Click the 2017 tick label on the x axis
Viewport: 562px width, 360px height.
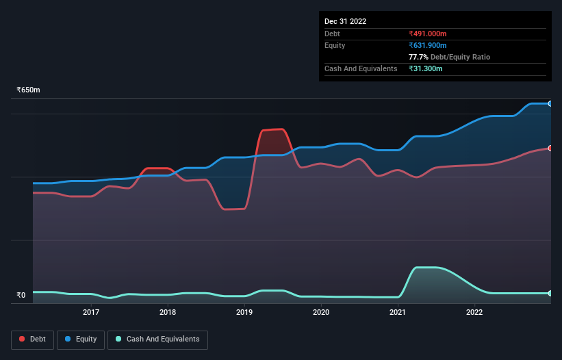(x=91, y=313)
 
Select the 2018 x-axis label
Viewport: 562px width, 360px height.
(x=168, y=313)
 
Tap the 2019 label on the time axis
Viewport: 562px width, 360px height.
(x=244, y=313)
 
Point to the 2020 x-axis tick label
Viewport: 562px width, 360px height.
(x=321, y=313)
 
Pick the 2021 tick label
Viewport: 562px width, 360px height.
(x=398, y=313)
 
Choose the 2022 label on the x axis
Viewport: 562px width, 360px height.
(x=474, y=313)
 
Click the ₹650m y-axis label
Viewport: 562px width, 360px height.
(x=29, y=90)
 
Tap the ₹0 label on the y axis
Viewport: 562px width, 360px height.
(x=21, y=296)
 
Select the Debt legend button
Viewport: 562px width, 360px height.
(x=32, y=339)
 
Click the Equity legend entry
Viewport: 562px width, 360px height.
(x=81, y=339)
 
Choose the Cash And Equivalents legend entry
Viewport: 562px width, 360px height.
(x=157, y=339)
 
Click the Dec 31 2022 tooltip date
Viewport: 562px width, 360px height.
(x=345, y=21)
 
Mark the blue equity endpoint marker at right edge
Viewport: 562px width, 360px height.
(x=550, y=103)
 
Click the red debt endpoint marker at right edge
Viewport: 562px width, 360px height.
(x=550, y=148)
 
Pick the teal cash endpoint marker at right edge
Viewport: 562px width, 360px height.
(x=550, y=293)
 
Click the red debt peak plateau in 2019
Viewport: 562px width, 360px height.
(x=272, y=129)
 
